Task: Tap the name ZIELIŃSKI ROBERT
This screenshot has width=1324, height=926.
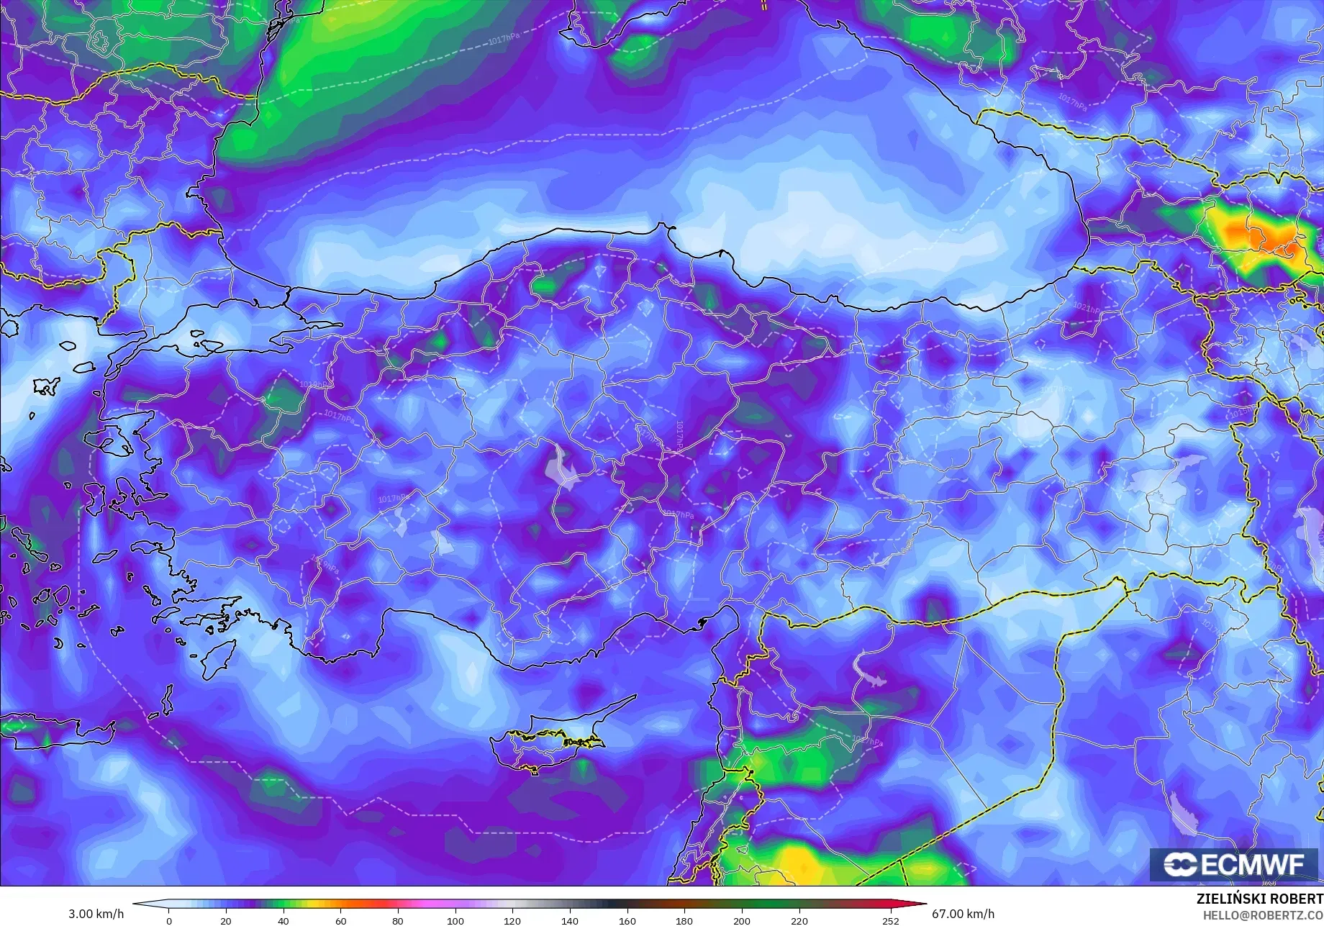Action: click(x=1259, y=899)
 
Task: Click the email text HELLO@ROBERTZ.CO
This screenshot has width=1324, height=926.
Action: click(x=1259, y=914)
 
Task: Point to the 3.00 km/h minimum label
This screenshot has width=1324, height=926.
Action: click(x=96, y=914)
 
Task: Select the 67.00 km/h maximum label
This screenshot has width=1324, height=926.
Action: click(x=963, y=914)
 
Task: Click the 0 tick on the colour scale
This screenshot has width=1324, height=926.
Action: click(x=169, y=920)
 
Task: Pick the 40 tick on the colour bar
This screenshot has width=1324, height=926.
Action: click(x=284, y=920)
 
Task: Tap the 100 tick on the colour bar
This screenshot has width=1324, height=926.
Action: click(x=455, y=920)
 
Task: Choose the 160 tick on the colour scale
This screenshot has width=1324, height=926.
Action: click(x=627, y=920)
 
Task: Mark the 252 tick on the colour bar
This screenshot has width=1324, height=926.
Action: click(x=890, y=920)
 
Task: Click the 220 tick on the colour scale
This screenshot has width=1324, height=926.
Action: click(x=799, y=920)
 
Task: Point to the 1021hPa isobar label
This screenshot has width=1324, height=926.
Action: click(x=1087, y=308)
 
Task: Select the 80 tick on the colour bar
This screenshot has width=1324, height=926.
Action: click(x=398, y=920)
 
